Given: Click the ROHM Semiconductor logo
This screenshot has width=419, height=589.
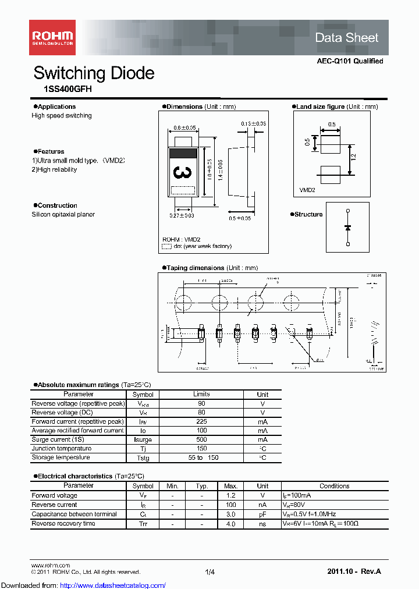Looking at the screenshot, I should pos(52,37).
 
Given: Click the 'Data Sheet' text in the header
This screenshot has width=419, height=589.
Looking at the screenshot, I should pos(347,38).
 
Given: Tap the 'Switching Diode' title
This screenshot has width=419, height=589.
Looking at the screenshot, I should pos(94,73).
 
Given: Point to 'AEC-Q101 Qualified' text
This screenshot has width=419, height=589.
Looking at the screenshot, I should pos(350,61).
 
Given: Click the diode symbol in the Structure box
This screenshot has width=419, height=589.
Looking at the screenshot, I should pos(347,227).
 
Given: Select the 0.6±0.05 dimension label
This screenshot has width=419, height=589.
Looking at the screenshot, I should pos(185,128).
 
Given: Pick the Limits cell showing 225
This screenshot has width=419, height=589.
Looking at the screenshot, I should pos(201,421).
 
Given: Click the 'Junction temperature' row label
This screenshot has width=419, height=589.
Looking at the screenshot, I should pos(62,449).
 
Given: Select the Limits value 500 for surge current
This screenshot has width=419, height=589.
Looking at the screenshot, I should pos(201,439).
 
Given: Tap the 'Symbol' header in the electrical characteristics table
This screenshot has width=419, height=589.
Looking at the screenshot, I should pos(143,485).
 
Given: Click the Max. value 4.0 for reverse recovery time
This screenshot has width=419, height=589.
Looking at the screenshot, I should pos(230,524).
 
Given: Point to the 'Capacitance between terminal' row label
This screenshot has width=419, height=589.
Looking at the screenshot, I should pos(74,515).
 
